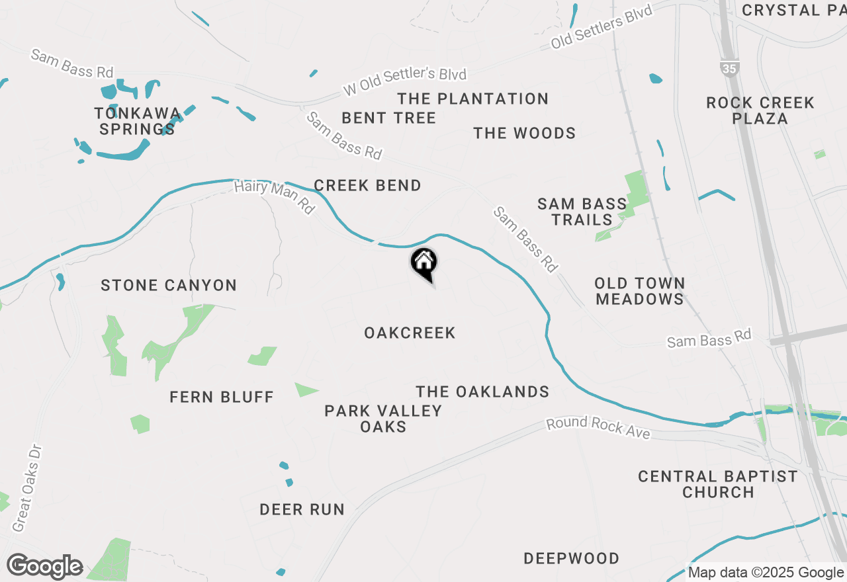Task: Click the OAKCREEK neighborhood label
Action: click(410, 333)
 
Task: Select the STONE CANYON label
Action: click(169, 286)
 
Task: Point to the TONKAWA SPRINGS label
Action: click(138, 120)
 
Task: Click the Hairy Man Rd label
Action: click(274, 196)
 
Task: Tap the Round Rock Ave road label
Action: click(598, 429)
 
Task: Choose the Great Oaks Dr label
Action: click(27, 488)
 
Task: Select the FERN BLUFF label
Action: click(222, 397)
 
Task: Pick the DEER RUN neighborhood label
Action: click(302, 509)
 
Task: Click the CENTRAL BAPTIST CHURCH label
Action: click(718, 484)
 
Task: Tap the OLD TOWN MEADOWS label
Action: click(639, 291)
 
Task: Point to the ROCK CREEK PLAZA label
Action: click(760, 110)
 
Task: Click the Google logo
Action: click(44, 566)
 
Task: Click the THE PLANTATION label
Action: click(472, 99)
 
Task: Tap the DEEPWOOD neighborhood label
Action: click(572, 558)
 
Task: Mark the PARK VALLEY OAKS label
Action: click(383, 419)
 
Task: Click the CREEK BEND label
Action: click(367, 185)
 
